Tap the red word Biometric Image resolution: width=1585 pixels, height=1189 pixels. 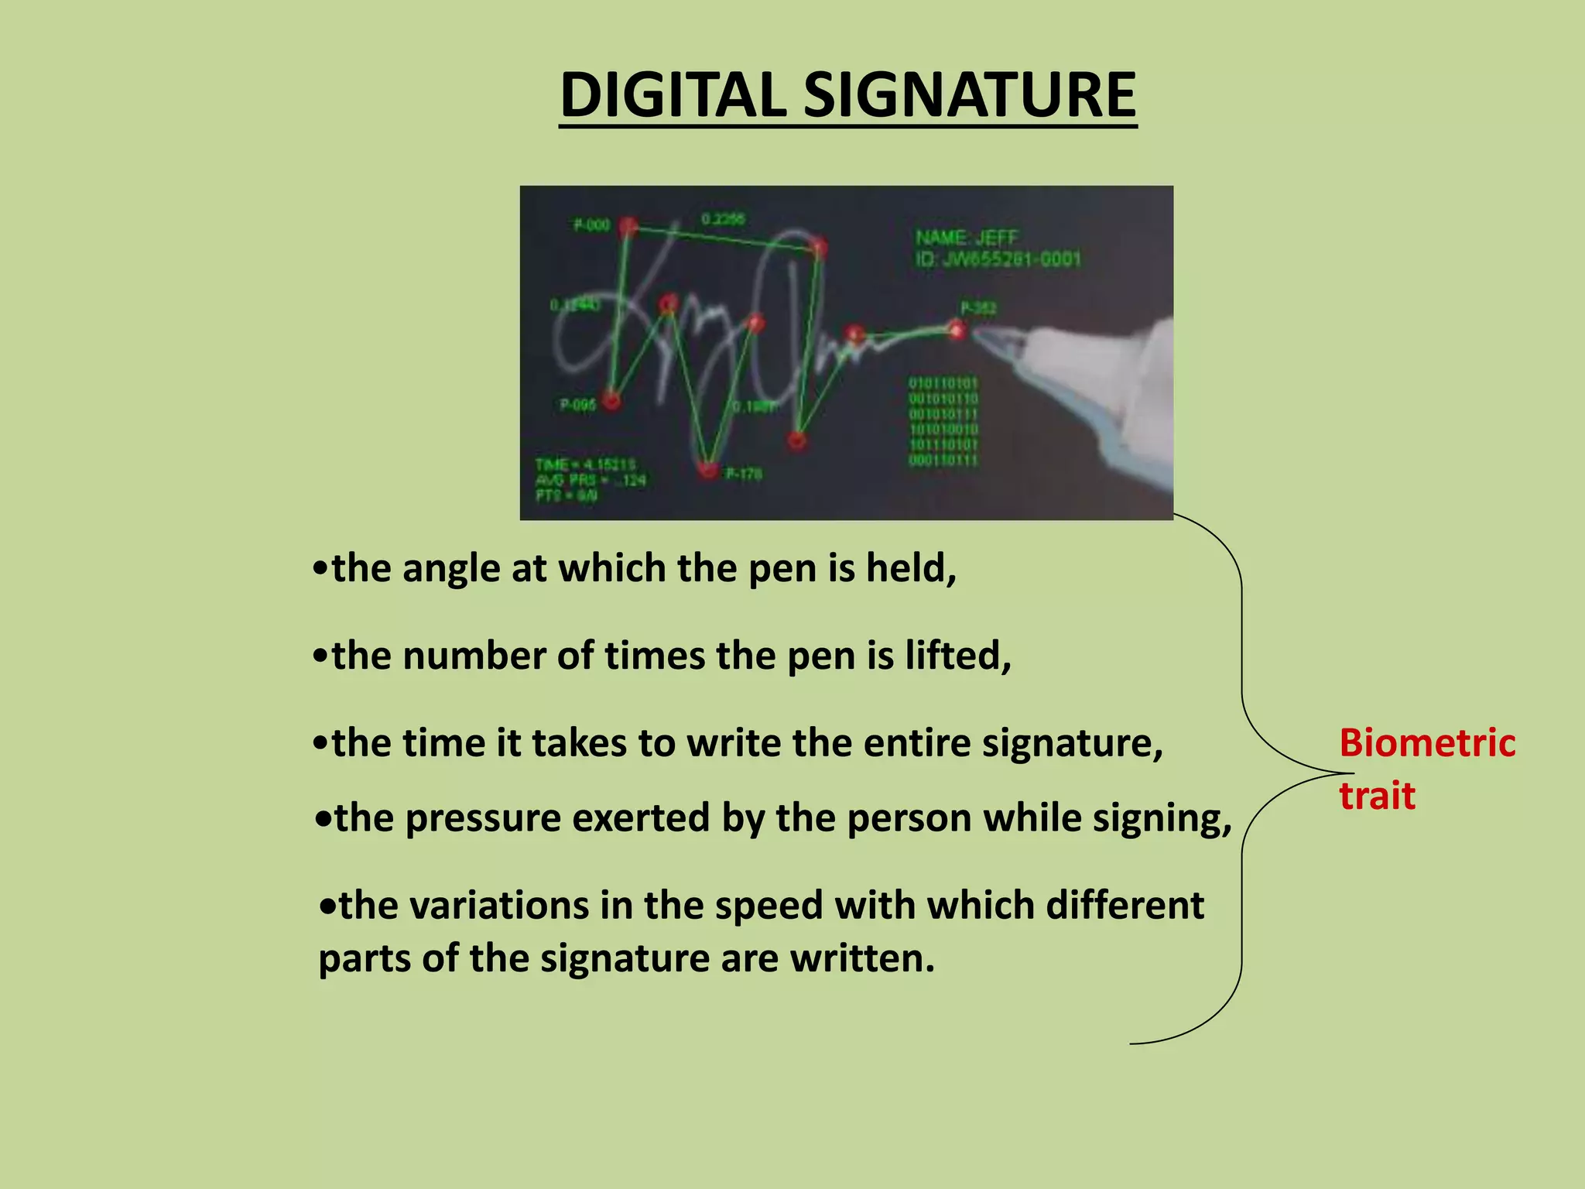point(1426,743)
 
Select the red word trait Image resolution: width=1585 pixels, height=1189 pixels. point(1378,796)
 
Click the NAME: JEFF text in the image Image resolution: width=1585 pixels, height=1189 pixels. point(967,238)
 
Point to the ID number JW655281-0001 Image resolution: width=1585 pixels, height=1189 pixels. point(1010,259)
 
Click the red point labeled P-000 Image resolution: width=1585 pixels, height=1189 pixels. point(628,226)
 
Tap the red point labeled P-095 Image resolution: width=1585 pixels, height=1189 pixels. point(611,400)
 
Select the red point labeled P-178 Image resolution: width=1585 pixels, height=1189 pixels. point(707,469)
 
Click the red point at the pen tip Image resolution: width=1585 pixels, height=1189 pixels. point(958,331)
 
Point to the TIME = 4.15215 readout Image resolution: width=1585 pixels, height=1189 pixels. point(585,464)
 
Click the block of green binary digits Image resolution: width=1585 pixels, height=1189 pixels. point(943,422)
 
